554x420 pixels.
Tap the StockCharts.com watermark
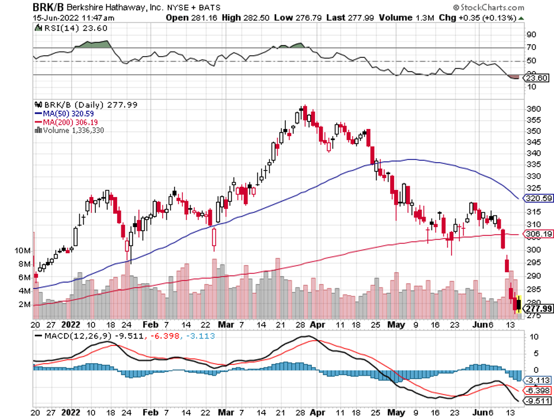tap(489, 8)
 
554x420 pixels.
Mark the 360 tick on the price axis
tap(533, 109)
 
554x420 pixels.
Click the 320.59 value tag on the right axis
tap(539, 199)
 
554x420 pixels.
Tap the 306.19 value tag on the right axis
tap(539, 234)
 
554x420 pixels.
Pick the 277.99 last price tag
tap(539, 308)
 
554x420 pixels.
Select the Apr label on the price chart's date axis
tap(318, 325)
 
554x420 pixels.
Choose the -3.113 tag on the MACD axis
tap(539, 380)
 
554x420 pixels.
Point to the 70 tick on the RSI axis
tap(532, 48)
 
